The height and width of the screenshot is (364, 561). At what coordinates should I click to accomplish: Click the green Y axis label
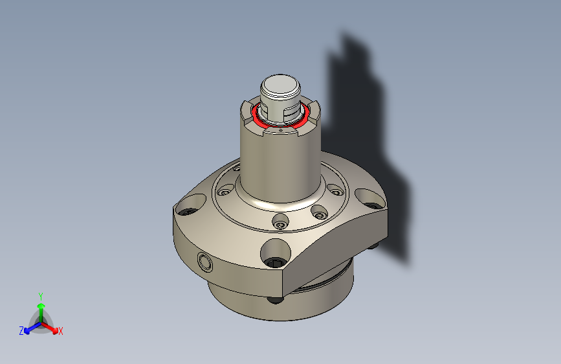41,295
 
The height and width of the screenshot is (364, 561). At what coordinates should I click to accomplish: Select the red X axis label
61,331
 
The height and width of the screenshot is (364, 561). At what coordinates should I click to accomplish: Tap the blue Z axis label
21,330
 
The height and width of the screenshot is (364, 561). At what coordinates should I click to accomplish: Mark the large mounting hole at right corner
368,196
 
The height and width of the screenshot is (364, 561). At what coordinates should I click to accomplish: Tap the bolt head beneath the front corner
276,299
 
